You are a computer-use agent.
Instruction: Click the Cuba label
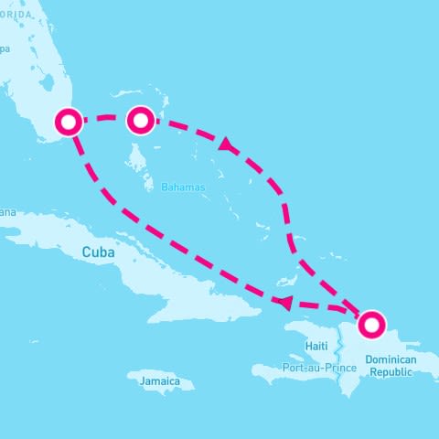click(x=101, y=252)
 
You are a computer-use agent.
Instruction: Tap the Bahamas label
click(x=183, y=187)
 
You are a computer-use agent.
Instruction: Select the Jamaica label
click(x=160, y=380)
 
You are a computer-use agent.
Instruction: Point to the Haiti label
click(x=316, y=346)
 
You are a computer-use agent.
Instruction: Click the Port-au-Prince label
click(x=319, y=368)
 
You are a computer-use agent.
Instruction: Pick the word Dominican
click(x=391, y=360)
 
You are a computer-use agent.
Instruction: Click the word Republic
click(x=391, y=373)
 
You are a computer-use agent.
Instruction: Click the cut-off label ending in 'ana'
click(x=7, y=212)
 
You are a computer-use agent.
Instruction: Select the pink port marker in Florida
click(x=70, y=121)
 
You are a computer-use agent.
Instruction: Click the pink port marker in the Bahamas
click(x=139, y=120)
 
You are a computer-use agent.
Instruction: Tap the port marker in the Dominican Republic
click(x=371, y=323)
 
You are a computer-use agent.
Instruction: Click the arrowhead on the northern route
click(x=224, y=145)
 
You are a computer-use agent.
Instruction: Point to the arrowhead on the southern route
click(x=285, y=303)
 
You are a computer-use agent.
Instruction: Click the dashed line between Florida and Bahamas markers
click(x=104, y=118)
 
